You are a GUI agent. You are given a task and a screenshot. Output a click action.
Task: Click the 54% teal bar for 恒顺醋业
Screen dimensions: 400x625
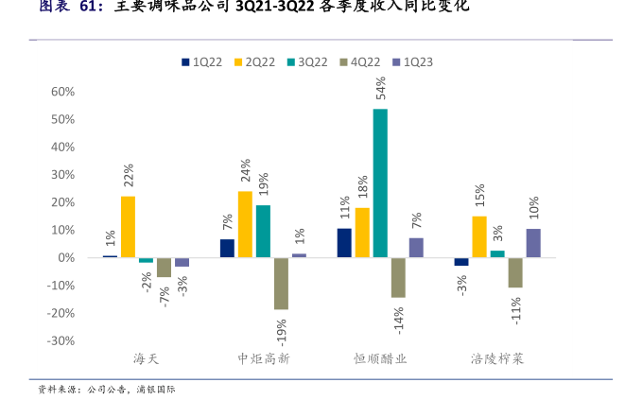tap(380, 183)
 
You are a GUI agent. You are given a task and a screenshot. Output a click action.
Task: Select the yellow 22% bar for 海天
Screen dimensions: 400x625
tap(128, 227)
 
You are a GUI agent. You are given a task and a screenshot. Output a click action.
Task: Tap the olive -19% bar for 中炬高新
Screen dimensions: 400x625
tap(281, 284)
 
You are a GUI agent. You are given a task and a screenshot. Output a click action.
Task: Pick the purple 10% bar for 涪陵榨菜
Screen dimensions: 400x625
tap(533, 243)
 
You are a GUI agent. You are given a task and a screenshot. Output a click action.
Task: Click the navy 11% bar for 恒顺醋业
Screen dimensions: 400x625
tap(344, 243)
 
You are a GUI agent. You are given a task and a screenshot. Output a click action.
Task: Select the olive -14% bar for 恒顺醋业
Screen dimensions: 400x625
tap(398, 277)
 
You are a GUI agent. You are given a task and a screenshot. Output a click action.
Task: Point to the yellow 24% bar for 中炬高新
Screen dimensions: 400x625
tap(245, 224)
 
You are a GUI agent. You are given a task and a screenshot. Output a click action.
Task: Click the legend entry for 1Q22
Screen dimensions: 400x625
tap(201, 62)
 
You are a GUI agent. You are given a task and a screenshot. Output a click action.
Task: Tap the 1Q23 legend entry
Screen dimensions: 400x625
tap(412, 62)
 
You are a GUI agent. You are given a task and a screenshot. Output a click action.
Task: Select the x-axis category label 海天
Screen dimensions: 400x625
tap(146, 359)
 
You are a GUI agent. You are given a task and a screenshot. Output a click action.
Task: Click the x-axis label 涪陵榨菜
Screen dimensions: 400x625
tap(497, 359)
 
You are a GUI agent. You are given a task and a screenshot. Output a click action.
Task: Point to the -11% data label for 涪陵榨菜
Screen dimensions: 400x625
tap(516, 309)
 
